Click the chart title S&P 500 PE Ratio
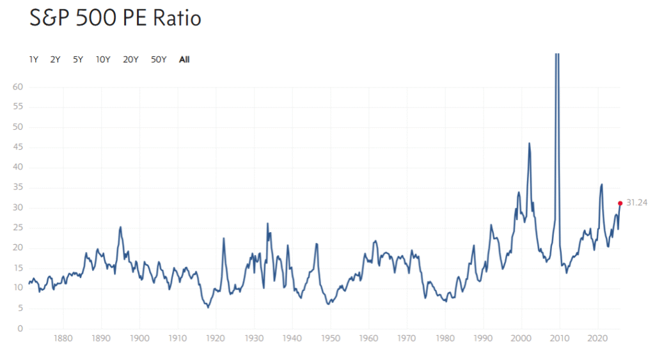(116, 19)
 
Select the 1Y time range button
(34, 59)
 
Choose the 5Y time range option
(78, 59)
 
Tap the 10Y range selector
(103, 59)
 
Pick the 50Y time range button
(159, 59)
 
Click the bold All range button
(184, 59)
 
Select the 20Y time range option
(130, 59)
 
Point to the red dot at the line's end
(620, 203)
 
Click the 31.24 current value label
(636, 203)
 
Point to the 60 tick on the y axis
(18, 87)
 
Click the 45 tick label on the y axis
(18, 147)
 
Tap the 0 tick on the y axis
(20, 329)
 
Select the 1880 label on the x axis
(63, 339)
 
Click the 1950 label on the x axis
(330, 339)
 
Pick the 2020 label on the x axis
(597, 339)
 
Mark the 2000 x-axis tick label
(521, 339)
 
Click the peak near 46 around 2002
(529, 143)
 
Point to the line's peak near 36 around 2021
(601, 185)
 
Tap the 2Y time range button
(55, 59)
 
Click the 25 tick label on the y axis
(18, 228)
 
